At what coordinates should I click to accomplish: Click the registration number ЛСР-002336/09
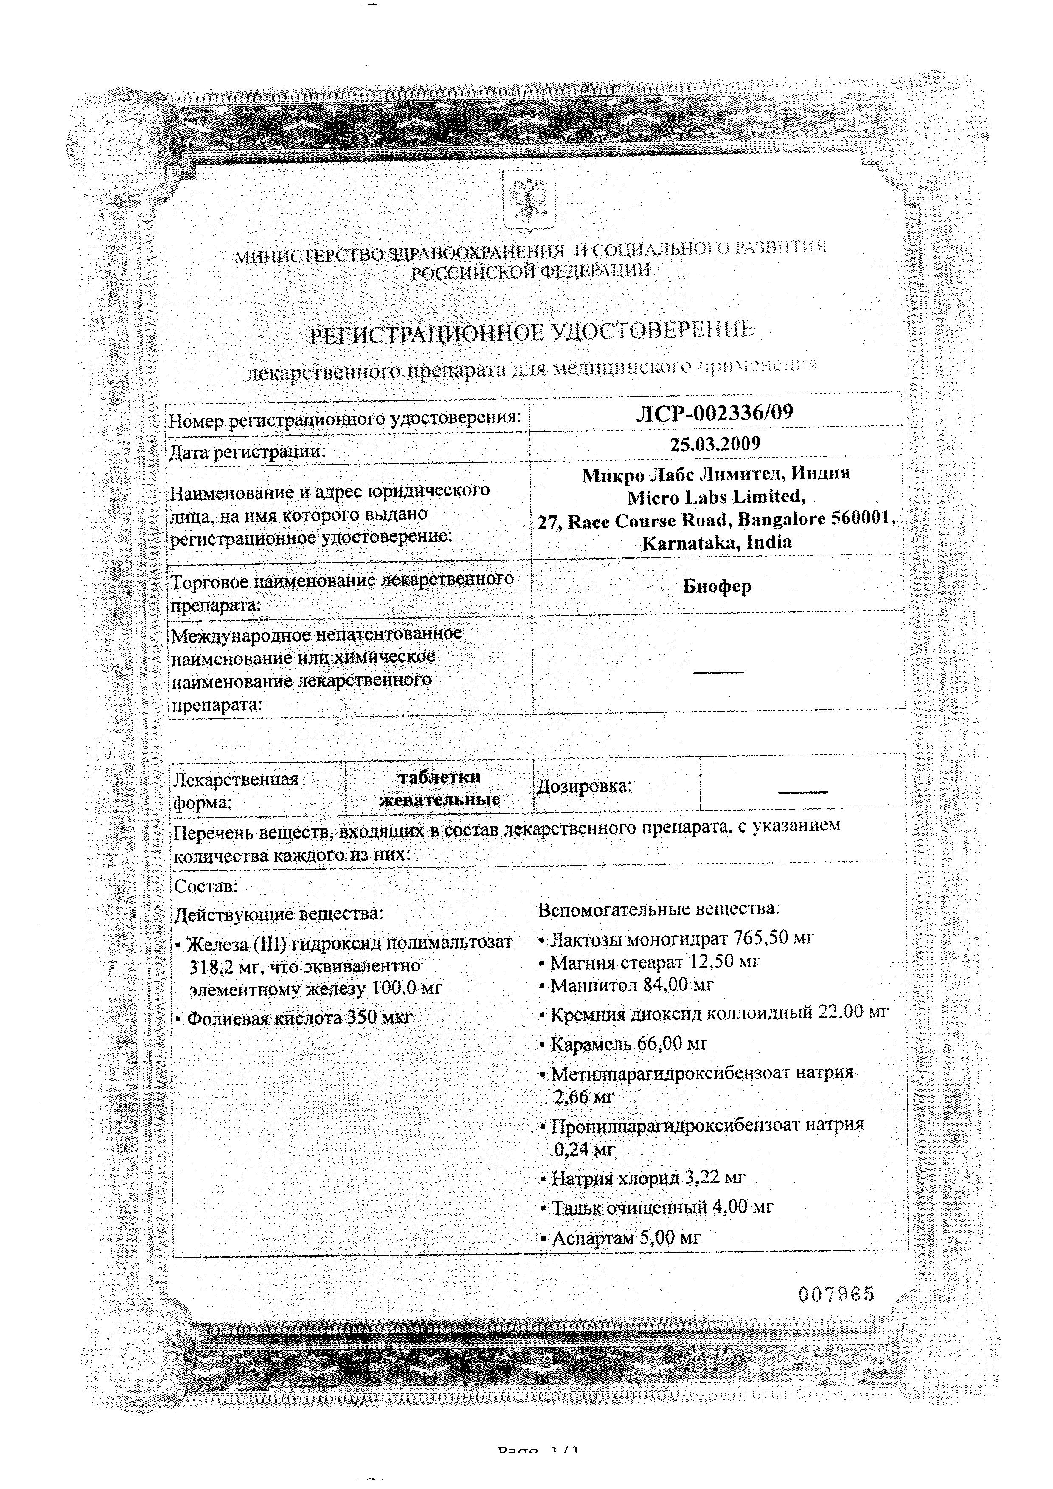point(715,413)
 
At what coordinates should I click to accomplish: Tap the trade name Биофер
point(717,586)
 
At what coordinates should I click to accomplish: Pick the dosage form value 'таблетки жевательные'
point(439,788)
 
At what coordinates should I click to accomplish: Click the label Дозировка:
point(583,787)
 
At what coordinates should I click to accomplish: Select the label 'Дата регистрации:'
point(247,451)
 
